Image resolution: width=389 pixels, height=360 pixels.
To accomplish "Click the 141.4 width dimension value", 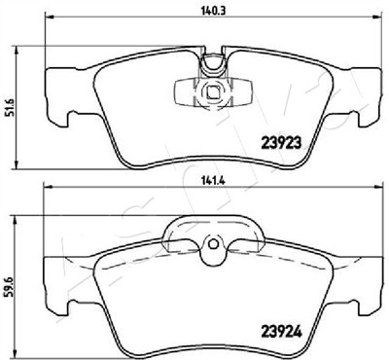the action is click(x=213, y=181).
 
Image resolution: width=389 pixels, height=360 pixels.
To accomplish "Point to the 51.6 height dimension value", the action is click(x=11, y=107).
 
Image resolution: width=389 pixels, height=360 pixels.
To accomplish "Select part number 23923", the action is click(x=281, y=143).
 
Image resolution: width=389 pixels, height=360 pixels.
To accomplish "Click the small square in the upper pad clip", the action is click(x=213, y=92).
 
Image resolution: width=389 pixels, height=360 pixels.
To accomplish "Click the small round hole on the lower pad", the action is click(x=213, y=244).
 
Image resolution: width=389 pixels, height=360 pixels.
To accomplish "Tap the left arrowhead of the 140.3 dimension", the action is click(x=49, y=17).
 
